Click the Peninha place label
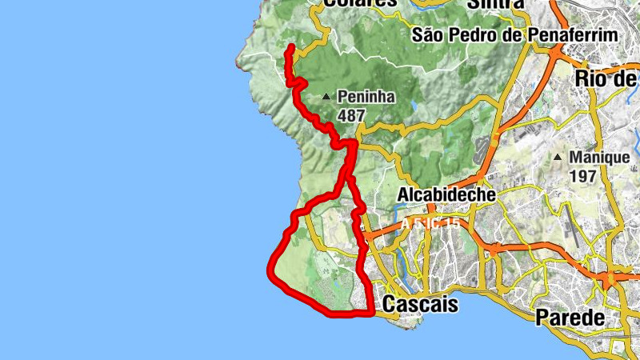point(366,97)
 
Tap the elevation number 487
point(351,115)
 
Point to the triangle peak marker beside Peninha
point(326,98)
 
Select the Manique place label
point(599,157)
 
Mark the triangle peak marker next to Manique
point(558,157)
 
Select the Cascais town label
point(421,304)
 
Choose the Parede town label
point(570,316)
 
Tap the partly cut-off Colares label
point(361,3)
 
